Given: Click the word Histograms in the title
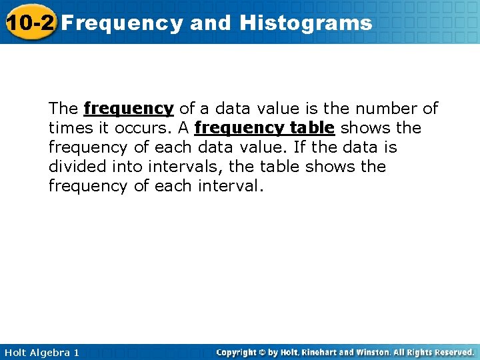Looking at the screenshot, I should tap(306, 23).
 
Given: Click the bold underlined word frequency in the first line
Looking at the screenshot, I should tap(129, 109).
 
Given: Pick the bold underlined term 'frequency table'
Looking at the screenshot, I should tap(264, 128).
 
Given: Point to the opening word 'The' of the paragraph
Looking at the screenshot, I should tap(63, 109).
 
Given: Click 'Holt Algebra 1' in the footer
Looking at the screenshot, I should tap(41, 352).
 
